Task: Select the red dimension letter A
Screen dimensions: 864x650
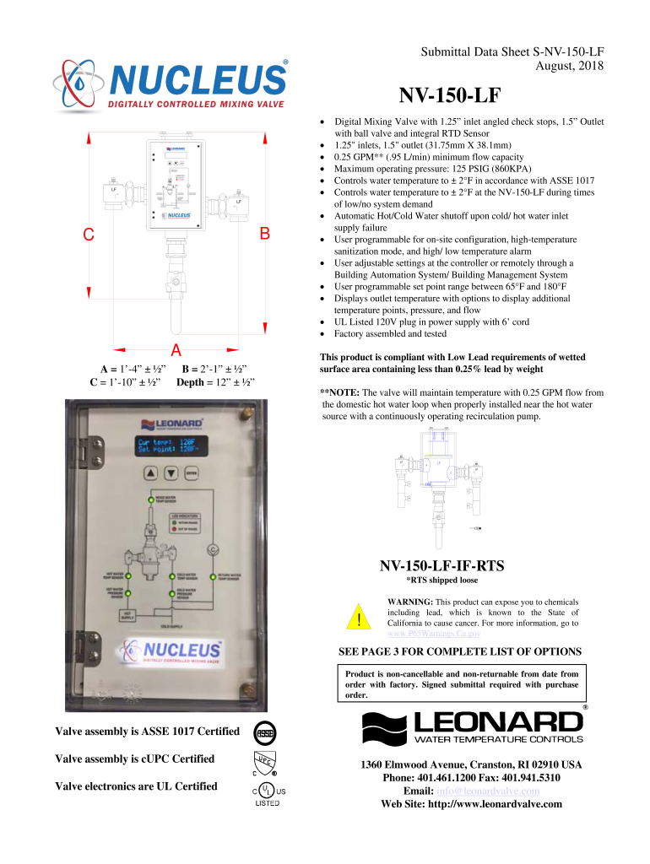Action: tap(176, 350)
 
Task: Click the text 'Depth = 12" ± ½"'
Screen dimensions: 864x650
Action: tap(216, 382)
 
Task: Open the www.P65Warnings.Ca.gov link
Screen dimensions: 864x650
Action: tap(434, 633)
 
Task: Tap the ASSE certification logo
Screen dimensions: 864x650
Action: tap(266, 731)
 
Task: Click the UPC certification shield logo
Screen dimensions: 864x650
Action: tap(265, 762)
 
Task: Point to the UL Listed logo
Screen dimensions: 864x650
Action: tap(265, 793)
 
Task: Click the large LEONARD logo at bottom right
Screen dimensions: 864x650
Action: tap(473, 726)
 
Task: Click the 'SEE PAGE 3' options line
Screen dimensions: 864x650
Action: tap(459, 651)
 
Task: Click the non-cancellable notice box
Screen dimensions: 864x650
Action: tap(463, 684)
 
